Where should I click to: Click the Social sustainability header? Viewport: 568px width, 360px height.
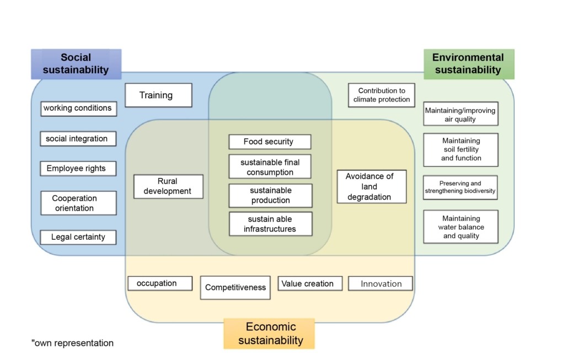point(76,64)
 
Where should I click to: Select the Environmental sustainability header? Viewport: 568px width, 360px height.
point(469,64)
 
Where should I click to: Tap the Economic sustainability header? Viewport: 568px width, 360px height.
point(269,334)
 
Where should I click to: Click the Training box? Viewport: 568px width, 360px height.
point(158,95)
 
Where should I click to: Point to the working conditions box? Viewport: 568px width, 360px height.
point(79,109)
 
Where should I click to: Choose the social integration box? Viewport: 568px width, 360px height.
point(78,139)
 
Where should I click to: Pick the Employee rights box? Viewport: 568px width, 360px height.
point(78,169)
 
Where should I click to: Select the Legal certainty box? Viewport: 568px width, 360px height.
point(78,237)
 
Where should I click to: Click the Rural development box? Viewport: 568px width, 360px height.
point(168,186)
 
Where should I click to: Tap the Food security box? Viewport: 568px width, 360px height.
point(270,142)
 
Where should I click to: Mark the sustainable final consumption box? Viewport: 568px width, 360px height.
point(270,166)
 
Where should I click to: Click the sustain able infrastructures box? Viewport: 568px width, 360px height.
point(271,224)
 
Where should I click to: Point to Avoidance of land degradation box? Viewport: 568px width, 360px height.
point(372,186)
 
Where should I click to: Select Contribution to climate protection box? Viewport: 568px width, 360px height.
point(382,95)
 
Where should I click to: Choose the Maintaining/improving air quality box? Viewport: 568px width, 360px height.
point(461,114)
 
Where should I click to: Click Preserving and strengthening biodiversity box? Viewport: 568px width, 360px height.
point(460,187)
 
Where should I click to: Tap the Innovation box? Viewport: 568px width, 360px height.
point(381,283)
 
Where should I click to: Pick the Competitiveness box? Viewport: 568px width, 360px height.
point(235,288)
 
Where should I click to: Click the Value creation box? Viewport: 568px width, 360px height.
point(310,283)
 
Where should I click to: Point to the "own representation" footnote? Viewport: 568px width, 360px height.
point(72,343)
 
